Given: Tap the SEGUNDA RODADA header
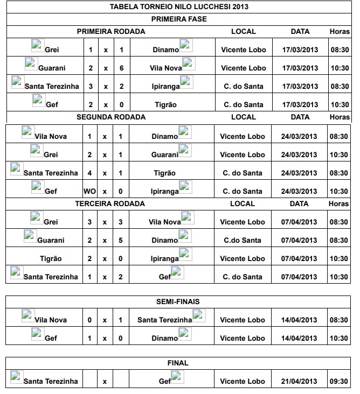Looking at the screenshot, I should click(x=110, y=117).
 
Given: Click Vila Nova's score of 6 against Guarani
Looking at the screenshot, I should click(x=121, y=68).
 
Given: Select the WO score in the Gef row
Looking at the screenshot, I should click(x=89, y=192).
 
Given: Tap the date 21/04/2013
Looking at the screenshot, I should click(x=299, y=382).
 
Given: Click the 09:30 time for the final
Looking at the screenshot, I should click(x=339, y=382).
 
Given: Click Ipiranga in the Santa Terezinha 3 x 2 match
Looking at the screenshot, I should click(x=165, y=87).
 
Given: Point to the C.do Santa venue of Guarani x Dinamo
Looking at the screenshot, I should click(x=243, y=241).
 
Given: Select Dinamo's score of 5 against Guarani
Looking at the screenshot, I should click(x=120, y=241).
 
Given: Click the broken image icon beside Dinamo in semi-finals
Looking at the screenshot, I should click(x=185, y=333).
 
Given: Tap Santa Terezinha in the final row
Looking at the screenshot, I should click(x=51, y=382).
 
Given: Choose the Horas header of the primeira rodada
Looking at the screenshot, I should click(x=340, y=31).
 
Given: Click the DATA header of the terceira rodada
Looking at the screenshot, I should click(x=300, y=204).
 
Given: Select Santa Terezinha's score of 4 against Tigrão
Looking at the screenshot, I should click(x=90, y=173).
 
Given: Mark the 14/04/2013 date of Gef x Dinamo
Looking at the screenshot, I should click(x=299, y=339).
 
